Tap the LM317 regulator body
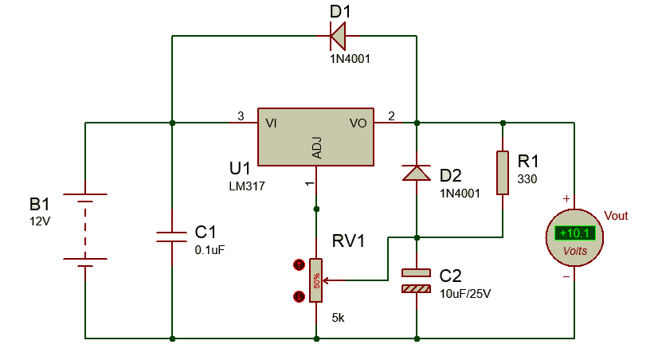coord(315,137)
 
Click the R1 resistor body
coord(503,172)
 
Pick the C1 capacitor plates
coord(172,236)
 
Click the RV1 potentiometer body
coord(316,280)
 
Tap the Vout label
coord(617,215)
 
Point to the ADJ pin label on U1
coord(317,147)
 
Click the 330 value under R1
coord(527,179)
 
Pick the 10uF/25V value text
coord(465,293)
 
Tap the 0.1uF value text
coord(210,249)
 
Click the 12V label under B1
coord(40,221)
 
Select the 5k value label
coord(338,318)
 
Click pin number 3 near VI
coord(241,116)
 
